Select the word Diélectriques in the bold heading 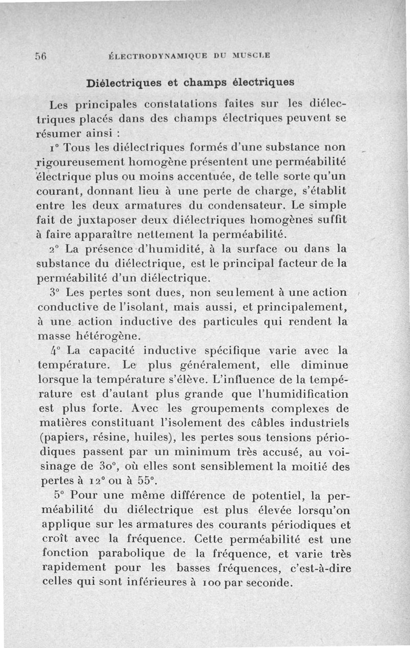tap(120, 82)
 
